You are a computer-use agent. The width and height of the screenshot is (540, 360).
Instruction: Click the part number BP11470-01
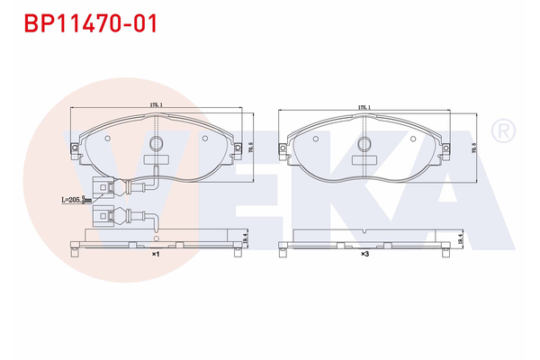coord(90,22)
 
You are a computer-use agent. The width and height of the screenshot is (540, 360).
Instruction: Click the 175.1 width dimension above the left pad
coord(156,105)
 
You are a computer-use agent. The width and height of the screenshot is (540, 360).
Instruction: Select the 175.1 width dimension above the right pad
coord(364,105)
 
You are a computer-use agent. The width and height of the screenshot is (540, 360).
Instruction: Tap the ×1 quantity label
coord(155,255)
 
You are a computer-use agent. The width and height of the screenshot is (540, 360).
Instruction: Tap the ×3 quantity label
coord(364,255)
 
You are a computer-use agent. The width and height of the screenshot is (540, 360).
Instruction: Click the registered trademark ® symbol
coord(505,131)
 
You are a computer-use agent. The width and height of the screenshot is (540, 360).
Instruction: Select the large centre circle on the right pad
coord(364,142)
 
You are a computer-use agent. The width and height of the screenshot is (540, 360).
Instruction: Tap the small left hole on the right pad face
coord(315,139)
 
